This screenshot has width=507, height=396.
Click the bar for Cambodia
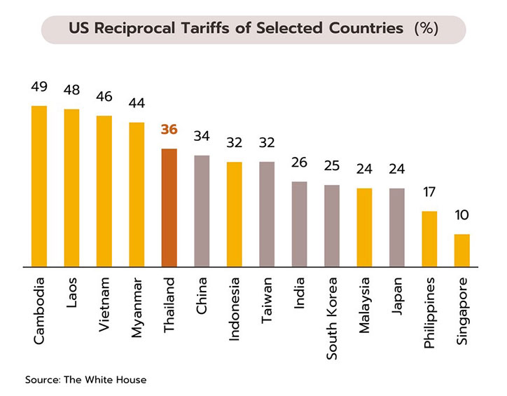39,186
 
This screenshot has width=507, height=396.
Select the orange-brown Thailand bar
169,207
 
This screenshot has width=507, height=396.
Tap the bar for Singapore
461,250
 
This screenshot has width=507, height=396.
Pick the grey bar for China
202,210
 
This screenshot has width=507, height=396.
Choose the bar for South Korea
331,226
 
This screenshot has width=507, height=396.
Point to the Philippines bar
429,239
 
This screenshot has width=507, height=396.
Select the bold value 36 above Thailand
169,130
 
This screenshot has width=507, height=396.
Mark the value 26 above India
299,163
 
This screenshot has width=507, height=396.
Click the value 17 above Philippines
429,192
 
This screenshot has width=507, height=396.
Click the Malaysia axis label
364,306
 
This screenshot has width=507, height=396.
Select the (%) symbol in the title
426,29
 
